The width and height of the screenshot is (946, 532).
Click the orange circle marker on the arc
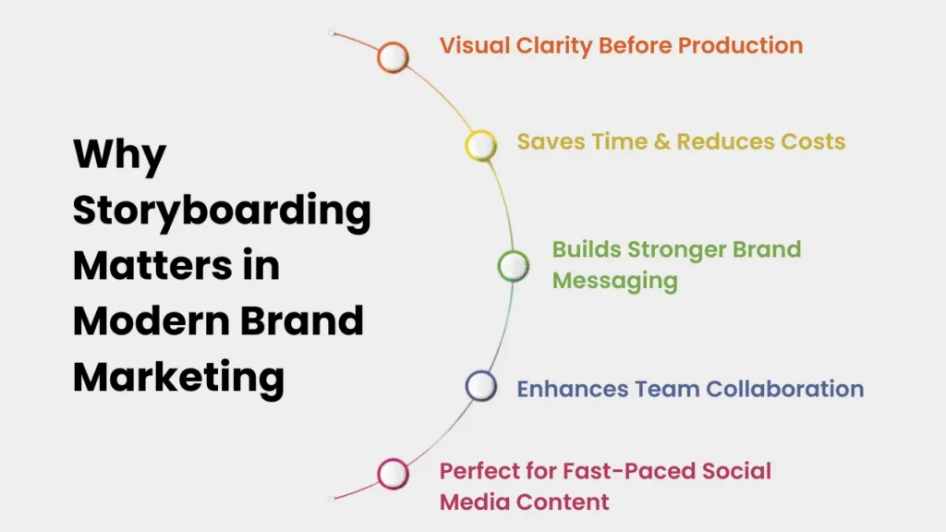tap(394, 57)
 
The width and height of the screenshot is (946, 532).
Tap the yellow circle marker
tap(480, 145)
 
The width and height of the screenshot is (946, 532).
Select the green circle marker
tap(513, 266)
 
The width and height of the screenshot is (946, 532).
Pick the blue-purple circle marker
tap(480, 386)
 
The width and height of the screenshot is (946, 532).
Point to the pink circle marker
tap(394, 474)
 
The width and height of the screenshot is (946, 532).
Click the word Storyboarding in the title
tap(222, 212)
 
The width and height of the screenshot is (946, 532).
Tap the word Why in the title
tap(119, 154)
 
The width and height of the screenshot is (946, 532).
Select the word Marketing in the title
tap(178, 378)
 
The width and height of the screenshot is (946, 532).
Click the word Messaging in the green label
tap(615, 279)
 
